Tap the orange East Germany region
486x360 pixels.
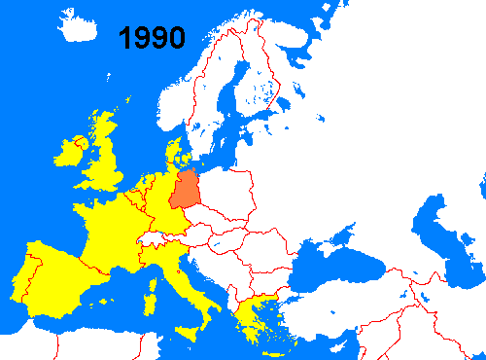pos(188,191)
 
